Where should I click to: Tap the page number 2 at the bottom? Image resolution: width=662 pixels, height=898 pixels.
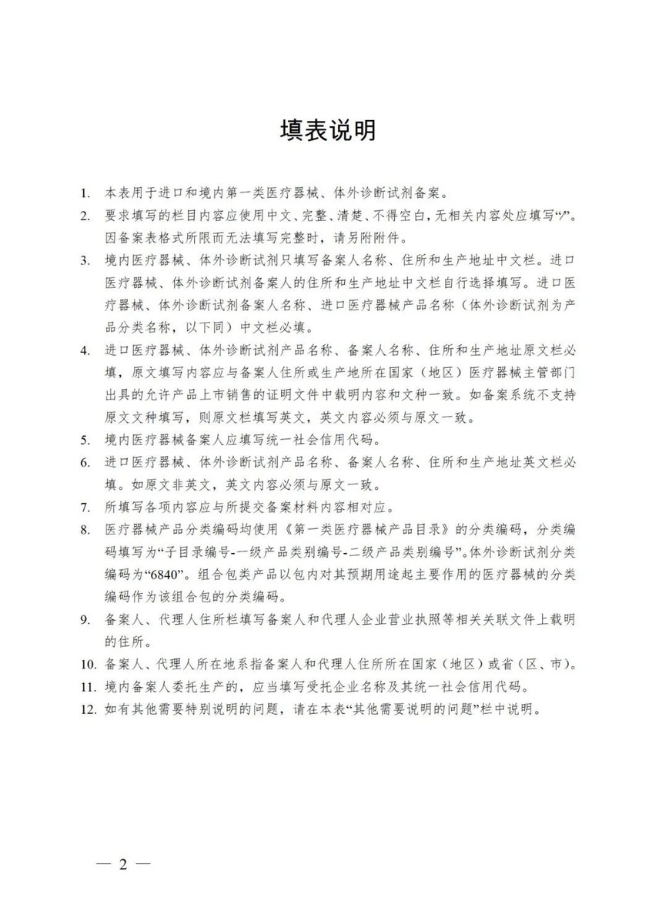tap(122, 863)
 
